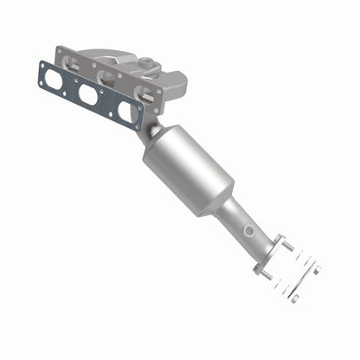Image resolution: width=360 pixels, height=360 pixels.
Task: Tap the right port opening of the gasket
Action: (x=126, y=110)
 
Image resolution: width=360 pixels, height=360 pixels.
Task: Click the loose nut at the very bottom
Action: (x=294, y=298)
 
